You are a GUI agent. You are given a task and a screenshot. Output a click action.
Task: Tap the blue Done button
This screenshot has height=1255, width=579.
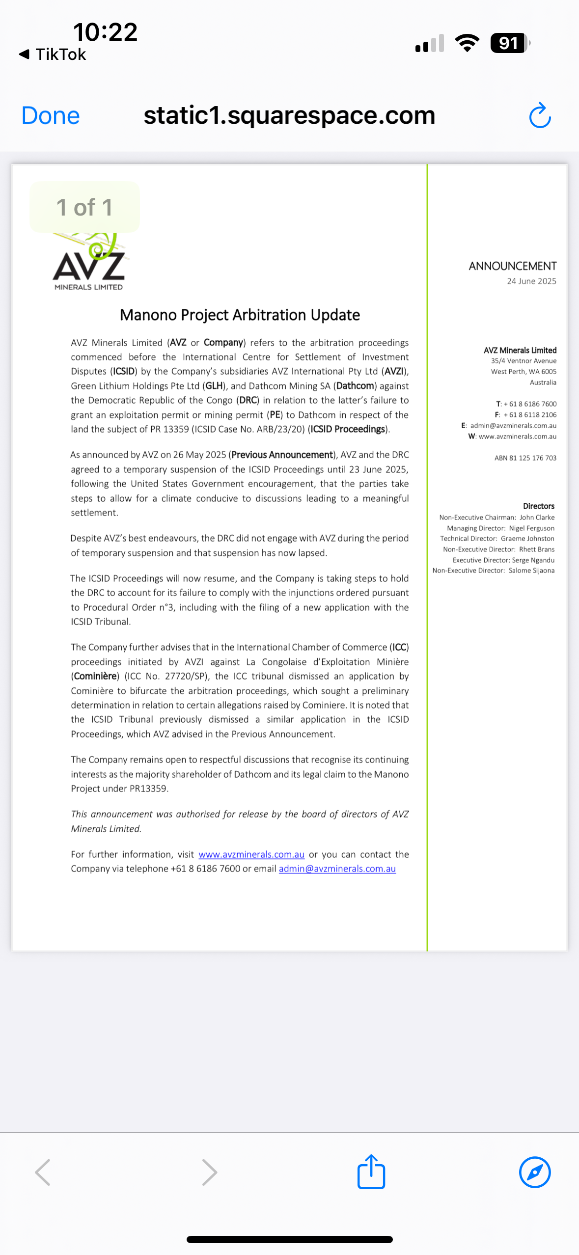coord(51,116)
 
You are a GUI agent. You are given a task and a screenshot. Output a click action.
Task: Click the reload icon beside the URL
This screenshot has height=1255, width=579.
coord(540,116)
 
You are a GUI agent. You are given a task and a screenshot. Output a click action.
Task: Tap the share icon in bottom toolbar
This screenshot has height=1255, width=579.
coord(371,1172)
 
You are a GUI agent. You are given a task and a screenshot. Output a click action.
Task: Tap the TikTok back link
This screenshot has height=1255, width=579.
coord(53,55)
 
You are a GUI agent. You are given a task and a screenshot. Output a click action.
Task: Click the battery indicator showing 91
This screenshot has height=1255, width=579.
coord(509,43)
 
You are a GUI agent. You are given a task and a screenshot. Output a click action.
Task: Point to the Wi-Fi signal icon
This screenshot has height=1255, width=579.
coord(467,43)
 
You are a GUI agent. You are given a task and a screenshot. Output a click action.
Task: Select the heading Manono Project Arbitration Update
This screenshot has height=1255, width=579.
coord(240,315)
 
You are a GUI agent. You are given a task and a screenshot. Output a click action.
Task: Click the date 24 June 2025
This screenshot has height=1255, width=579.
coord(531,281)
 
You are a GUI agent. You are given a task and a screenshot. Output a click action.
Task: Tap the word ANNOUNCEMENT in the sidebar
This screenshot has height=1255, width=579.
coord(512,266)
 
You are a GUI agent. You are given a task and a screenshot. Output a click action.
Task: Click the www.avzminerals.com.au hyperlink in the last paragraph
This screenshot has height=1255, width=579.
coord(251,854)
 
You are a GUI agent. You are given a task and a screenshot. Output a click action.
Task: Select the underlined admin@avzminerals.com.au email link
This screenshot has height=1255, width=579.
coord(337,869)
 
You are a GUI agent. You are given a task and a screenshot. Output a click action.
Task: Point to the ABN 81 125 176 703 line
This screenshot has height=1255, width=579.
coord(525,458)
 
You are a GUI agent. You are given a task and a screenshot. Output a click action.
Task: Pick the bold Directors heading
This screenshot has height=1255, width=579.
coord(538,506)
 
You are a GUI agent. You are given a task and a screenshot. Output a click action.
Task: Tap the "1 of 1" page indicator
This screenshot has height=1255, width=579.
coord(84,207)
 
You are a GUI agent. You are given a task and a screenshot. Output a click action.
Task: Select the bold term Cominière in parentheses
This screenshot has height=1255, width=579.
coord(95,676)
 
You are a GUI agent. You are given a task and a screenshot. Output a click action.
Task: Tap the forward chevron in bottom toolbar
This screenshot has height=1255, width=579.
coord(210,1172)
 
